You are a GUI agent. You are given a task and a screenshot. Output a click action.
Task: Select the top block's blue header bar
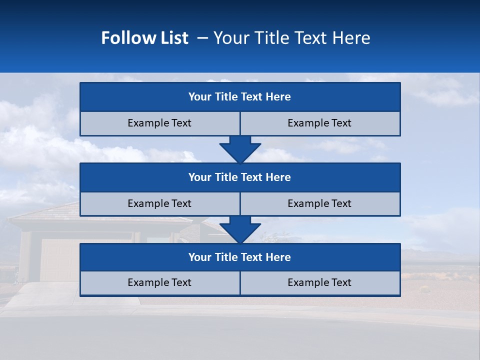click(x=240, y=97)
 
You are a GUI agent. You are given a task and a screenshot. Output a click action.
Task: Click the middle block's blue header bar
click(x=240, y=177)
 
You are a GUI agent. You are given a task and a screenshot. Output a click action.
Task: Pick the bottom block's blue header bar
click(x=240, y=257)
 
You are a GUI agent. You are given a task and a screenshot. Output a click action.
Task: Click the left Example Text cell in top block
click(x=159, y=123)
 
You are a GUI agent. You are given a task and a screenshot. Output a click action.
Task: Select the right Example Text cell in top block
click(x=319, y=123)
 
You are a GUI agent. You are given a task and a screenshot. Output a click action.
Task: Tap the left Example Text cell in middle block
click(x=159, y=204)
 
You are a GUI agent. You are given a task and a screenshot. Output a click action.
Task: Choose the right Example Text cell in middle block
click(x=319, y=204)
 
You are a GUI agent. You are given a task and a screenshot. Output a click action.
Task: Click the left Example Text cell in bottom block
click(x=159, y=283)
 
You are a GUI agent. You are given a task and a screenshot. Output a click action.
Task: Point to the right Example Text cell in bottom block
click(x=319, y=283)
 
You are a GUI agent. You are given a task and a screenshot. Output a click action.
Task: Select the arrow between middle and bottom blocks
click(x=240, y=229)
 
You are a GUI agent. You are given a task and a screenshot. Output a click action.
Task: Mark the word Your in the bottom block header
click(x=200, y=257)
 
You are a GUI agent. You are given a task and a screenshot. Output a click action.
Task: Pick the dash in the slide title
click(x=202, y=38)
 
